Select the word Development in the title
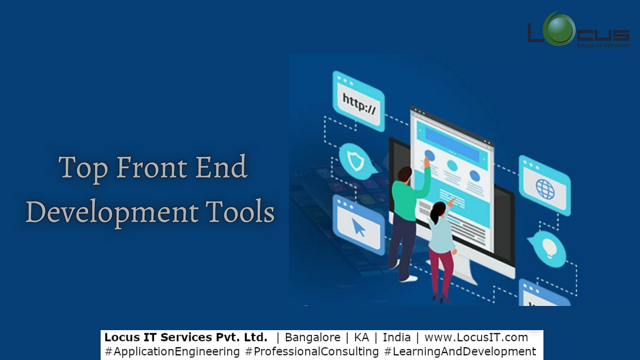pos(109,212)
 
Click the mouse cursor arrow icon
pos(358,227)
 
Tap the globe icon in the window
pos(545,188)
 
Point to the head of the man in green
pos(405,174)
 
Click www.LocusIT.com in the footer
pos(476,338)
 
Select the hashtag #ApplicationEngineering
pos(172,351)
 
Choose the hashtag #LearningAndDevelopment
pos(460,351)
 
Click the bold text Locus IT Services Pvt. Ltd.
pos(186,338)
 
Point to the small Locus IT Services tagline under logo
pos(603,46)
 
